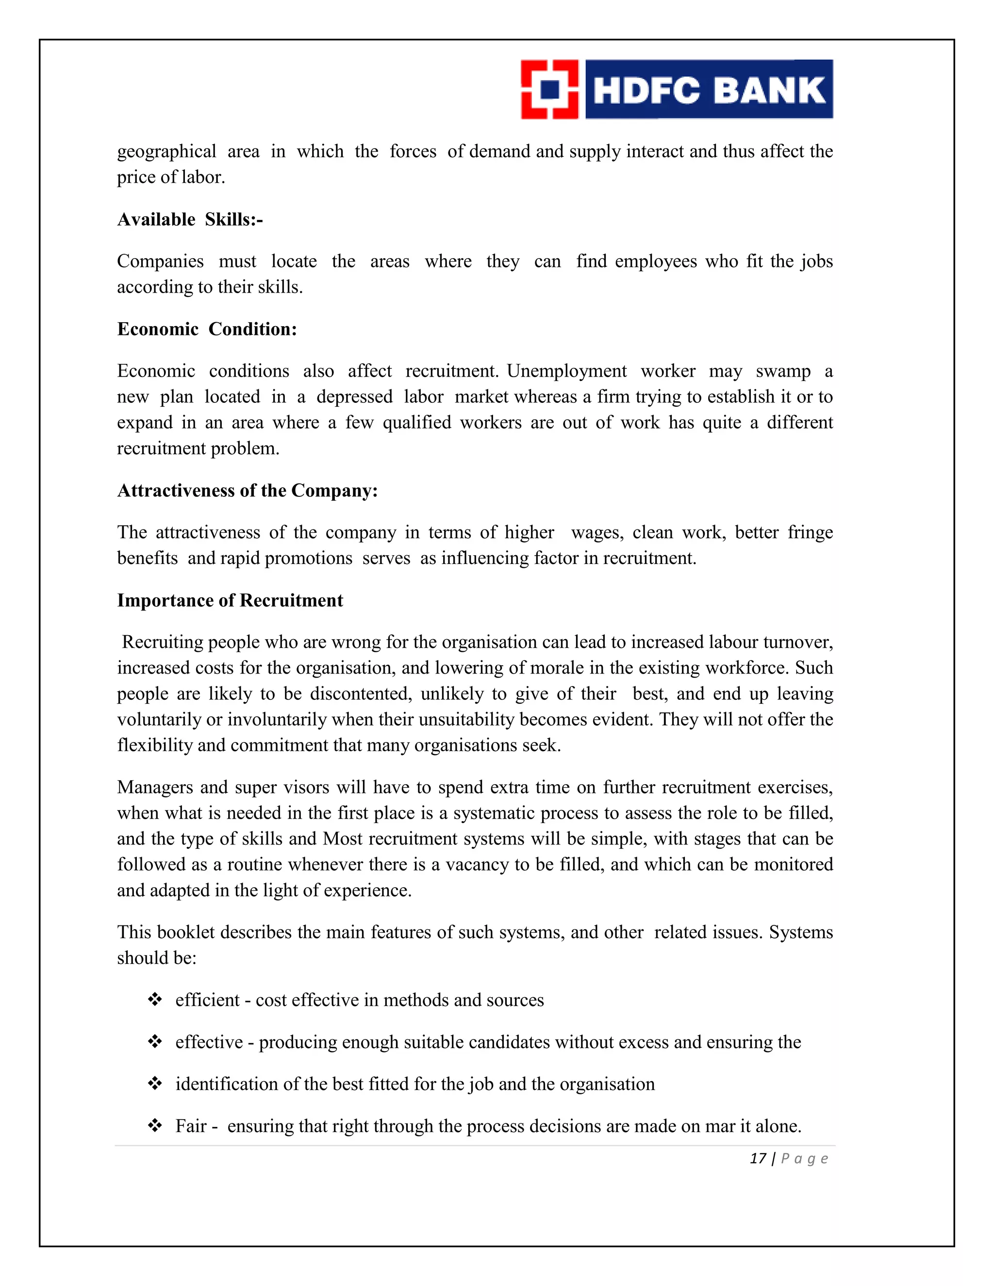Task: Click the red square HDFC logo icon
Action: [549, 89]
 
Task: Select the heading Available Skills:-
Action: [190, 220]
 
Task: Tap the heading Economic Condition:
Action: [207, 329]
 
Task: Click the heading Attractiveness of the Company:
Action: [248, 491]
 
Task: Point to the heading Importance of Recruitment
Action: [230, 601]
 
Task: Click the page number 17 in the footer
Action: [757, 1159]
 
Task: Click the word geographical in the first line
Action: [166, 152]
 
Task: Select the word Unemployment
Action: [566, 371]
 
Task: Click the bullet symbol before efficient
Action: [155, 999]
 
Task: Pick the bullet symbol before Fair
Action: [155, 1125]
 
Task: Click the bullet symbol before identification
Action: [155, 1084]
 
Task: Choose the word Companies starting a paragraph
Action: [160, 262]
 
